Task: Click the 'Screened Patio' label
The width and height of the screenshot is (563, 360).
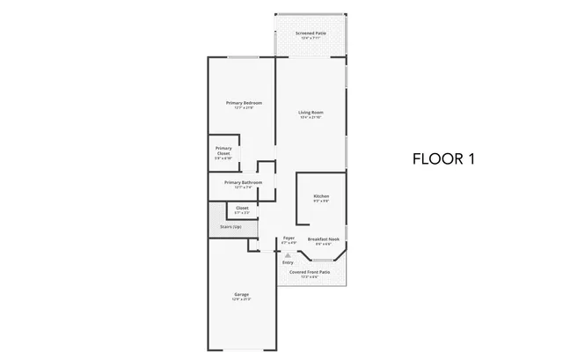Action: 311,33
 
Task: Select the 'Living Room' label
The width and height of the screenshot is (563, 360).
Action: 311,113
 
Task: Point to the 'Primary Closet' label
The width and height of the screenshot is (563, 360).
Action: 223,151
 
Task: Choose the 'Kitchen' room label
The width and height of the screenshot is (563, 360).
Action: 321,195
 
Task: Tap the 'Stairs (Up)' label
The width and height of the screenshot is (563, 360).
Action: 231,227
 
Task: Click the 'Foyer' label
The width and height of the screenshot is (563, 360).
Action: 288,238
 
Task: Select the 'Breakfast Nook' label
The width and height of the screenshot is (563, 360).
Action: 325,238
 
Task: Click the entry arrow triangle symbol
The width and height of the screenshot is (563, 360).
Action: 287,254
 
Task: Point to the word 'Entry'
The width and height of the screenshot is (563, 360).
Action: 288,262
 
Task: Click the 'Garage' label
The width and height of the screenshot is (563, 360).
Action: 241,294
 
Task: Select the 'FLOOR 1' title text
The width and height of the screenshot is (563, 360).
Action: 443,159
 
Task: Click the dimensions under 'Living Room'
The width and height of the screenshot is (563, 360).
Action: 311,118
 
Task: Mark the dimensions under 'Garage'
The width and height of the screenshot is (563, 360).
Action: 241,299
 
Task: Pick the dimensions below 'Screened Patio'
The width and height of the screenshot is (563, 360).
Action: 311,39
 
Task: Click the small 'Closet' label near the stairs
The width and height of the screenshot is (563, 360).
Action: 241,208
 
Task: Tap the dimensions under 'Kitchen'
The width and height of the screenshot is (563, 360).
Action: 321,201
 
